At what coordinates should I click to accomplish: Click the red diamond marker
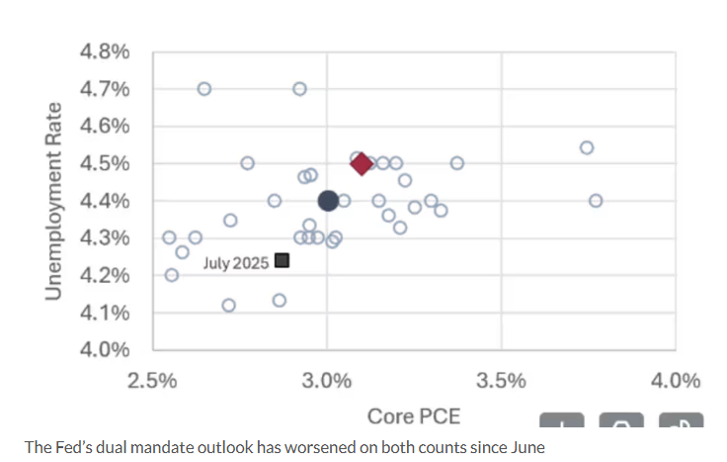[362, 164]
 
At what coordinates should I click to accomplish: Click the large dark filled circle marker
[329, 201]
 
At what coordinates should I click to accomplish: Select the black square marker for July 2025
[282, 260]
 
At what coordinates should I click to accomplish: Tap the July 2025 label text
[236, 262]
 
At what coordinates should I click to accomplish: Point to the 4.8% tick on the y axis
[104, 52]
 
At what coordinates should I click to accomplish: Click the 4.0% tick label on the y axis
[104, 349]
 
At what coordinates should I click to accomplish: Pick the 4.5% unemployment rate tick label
[104, 163]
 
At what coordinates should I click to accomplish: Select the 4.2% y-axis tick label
[104, 275]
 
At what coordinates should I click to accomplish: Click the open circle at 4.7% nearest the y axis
[204, 89]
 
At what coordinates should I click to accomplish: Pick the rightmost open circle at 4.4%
[596, 201]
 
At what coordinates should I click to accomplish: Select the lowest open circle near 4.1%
[229, 306]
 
